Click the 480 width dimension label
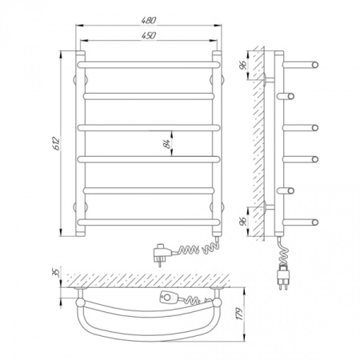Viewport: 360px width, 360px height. coord(149,20)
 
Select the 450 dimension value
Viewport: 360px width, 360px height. coord(149,35)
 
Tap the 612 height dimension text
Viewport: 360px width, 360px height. coord(57,143)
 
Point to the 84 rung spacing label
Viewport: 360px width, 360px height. coord(167,143)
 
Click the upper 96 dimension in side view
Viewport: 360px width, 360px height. coord(243,65)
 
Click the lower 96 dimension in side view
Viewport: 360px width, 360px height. coord(243,222)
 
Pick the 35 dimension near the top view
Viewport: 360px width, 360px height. coord(56,273)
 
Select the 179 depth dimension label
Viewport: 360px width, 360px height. coord(239,314)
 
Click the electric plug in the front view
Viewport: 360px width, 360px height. coord(162,253)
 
